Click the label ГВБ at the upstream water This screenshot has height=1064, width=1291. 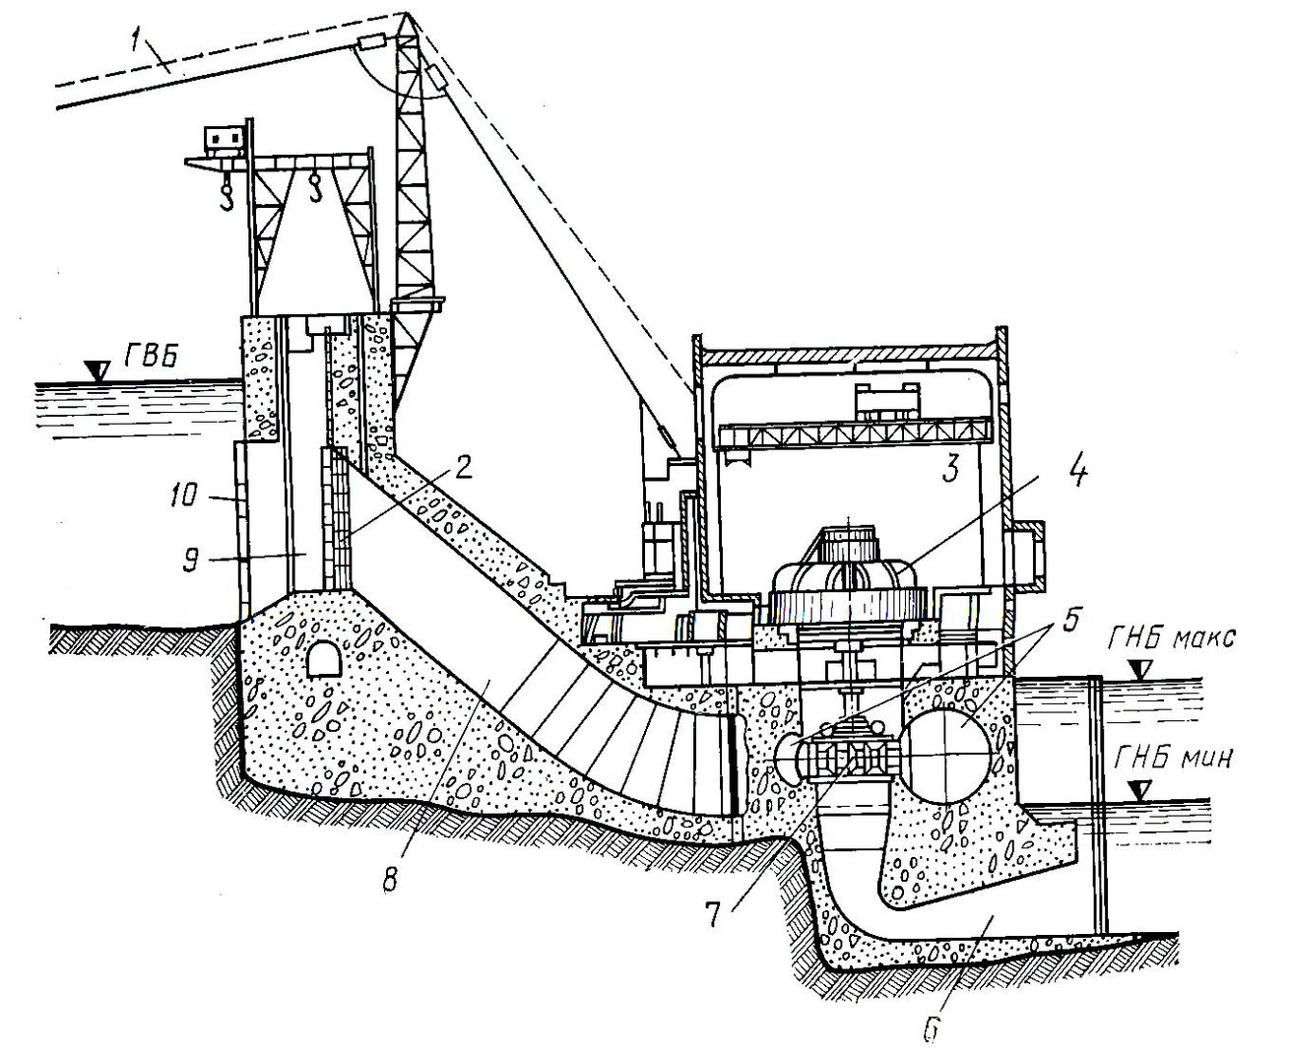[152, 356]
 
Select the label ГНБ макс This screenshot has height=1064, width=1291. [1171, 637]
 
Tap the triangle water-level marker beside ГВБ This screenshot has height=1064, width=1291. [97, 370]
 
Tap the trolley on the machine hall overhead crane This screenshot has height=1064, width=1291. [884, 402]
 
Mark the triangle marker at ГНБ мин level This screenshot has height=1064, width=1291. [1138, 790]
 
